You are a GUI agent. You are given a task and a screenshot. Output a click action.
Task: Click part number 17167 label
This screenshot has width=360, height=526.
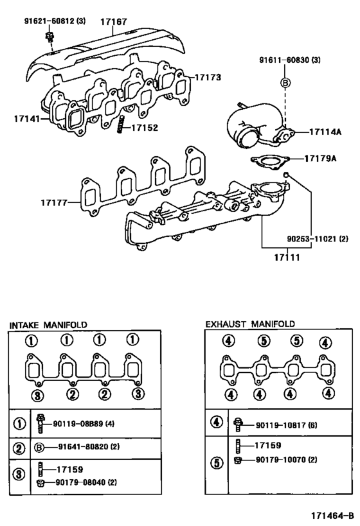[114, 22]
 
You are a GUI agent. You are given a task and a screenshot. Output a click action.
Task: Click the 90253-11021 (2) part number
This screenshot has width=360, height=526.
[317, 239]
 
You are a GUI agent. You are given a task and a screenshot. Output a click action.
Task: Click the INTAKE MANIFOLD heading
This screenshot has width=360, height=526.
[48, 325]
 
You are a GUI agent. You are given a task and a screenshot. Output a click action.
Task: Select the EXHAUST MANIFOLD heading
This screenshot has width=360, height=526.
[249, 324]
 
